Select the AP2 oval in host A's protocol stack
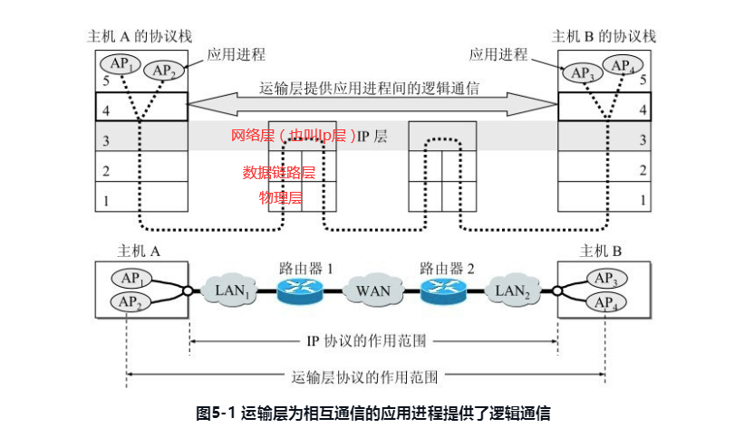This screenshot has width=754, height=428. [x=163, y=71]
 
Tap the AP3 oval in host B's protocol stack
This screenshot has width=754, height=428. [x=581, y=71]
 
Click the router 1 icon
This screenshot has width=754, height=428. [x=300, y=290]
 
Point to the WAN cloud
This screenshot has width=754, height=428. [x=372, y=291]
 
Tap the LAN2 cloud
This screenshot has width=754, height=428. [x=511, y=291]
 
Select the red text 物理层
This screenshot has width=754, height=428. [x=278, y=196]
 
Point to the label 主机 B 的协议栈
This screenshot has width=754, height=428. [x=604, y=37]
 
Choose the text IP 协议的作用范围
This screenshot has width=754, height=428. [x=372, y=342]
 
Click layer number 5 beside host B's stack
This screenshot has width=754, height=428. [x=643, y=80]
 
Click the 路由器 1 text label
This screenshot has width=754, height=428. [x=300, y=268]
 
